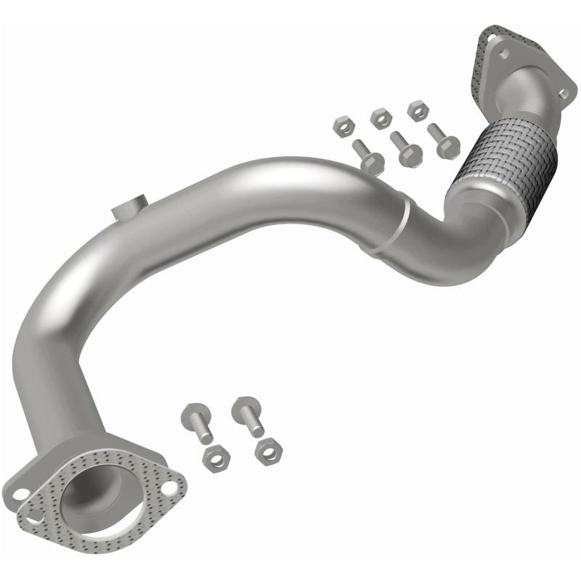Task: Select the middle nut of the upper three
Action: click(x=380, y=118)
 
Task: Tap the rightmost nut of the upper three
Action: click(x=417, y=111)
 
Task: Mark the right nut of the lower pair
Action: click(x=269, y=451)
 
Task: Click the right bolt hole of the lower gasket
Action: click(x=169, y=488)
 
